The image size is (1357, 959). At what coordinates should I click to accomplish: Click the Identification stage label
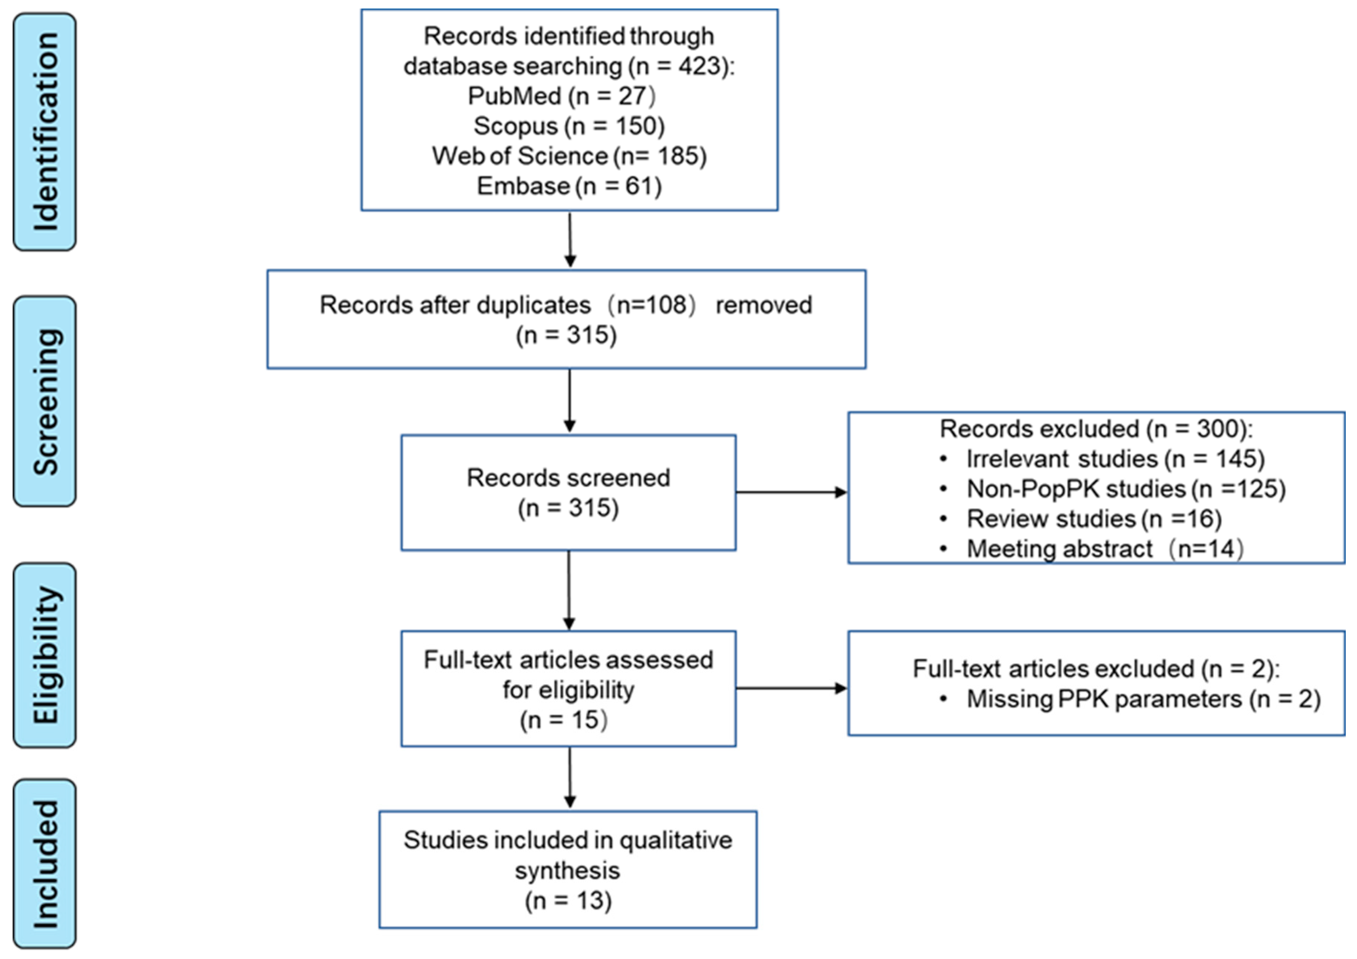coord(45,132)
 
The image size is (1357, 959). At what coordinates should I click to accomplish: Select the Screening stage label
coord(45,401)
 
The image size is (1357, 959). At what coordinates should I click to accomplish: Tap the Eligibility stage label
coord(45,655)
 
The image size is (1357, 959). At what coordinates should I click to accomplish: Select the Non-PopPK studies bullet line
coord(1125,489)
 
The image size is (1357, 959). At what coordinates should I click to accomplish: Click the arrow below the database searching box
coord(570,239)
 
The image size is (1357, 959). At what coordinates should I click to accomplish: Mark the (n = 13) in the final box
coord(568,900)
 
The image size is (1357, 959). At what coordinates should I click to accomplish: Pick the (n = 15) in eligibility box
coord(563,720)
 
